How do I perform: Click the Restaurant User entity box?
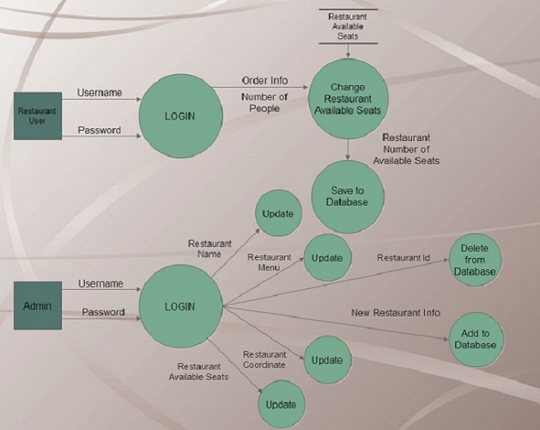tap(37, 115)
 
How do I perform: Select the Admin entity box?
tap(37, 306)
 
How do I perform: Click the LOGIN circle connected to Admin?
tap(179, 306)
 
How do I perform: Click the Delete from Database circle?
tap(473, 260)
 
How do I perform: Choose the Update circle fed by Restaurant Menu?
tap(326, 257)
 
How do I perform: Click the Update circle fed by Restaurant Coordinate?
tap(326, 361)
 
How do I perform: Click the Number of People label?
tap(264, 103)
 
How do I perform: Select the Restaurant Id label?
tap(403, 257)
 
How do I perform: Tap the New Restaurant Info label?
tap(395, 312)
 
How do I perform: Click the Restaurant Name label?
tap(210, 249)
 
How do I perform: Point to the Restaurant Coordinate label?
tap(264, 359)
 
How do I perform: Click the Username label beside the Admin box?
tap(100, 284)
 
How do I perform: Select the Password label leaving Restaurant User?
tap(100, 131)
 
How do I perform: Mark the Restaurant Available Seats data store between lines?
tap(348, 26)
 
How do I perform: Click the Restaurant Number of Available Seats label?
tap(410, 149)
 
